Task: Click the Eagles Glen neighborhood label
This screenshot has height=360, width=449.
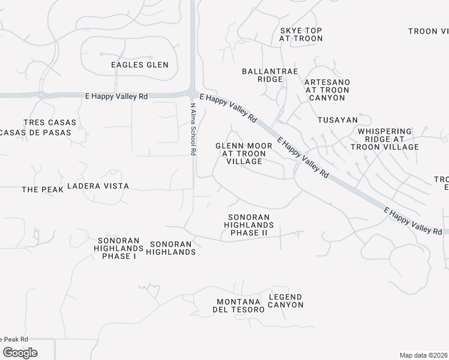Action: click(x=140, y=65)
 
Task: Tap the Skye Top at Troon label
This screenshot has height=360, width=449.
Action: click(x=301, y=34)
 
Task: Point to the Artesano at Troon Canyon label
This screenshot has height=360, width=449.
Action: click(x=327, y=89)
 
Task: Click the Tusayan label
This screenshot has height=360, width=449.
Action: click(x=337, y=120)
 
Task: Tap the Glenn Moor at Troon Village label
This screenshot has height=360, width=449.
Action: click(x=244, y=154)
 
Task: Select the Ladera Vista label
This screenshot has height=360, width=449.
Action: click(x=98, y=186)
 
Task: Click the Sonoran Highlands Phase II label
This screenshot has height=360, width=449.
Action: click(x=249, y=224)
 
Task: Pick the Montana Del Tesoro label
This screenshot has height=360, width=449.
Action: click(x=238, y=305)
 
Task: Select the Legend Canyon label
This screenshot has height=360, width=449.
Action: click(x=285, y=301)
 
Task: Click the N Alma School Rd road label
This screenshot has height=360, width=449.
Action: click(x=193, y=129)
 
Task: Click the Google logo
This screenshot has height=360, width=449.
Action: click(x=20, y=353)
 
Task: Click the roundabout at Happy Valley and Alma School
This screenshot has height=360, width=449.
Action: click(x=192, y=94)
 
